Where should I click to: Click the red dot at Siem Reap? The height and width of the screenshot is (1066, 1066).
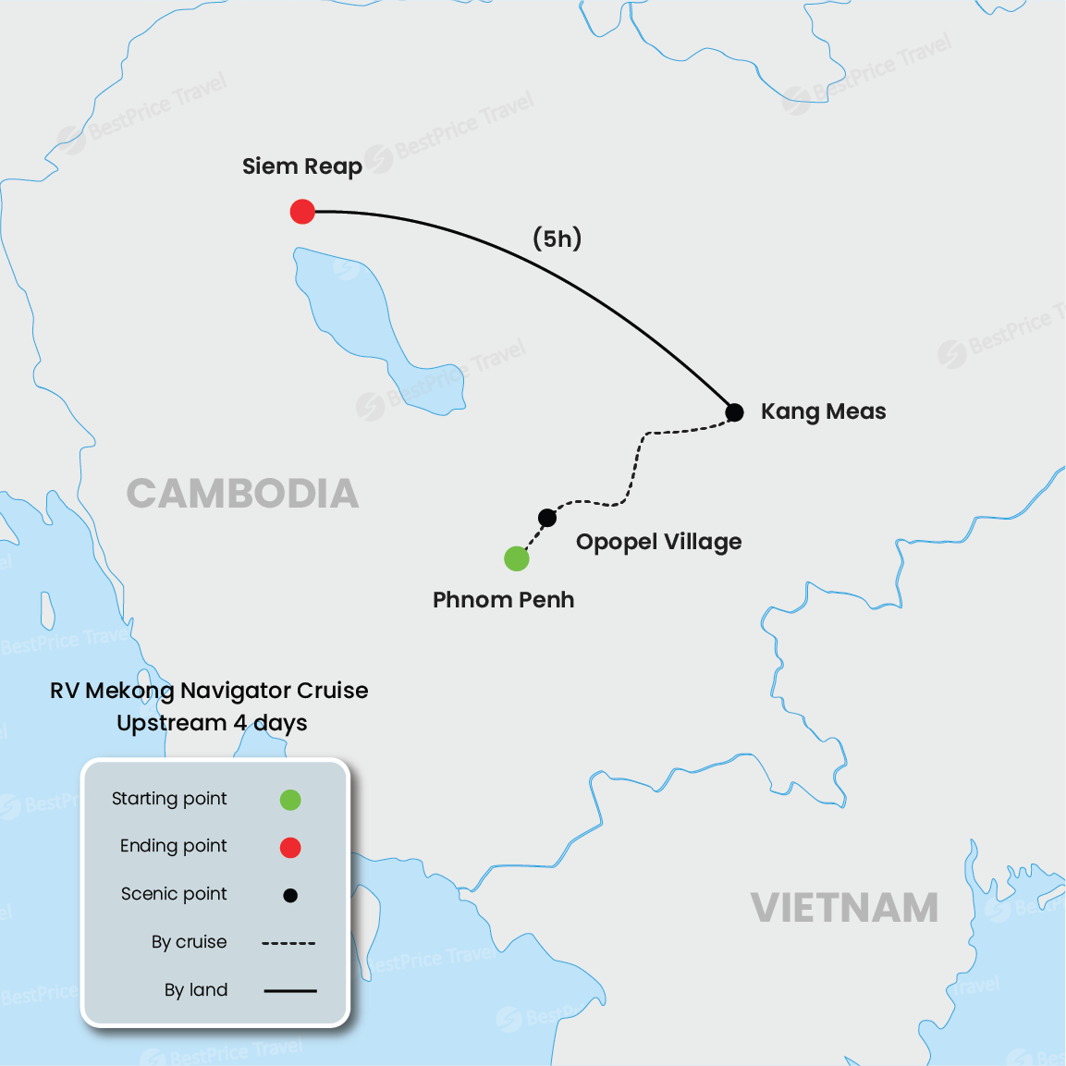[x=302, y=212]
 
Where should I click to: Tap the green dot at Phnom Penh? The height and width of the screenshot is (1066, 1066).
[x=517, y=558]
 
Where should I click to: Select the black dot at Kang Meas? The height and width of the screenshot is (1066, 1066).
[x=734, y=412]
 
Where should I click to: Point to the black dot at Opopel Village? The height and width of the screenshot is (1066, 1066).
[x=547, y=518]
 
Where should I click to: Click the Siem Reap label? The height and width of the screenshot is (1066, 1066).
[x=301, y=166]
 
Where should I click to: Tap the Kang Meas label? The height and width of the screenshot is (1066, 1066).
[x=823, y=411]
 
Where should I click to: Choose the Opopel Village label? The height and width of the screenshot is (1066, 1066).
[x=658, y=542]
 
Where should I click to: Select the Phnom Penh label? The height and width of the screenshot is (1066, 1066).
[x=503, y=600]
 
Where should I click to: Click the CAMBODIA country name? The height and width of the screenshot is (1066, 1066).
[x=242, y=494]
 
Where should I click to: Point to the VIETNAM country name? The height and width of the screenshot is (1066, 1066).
[x=844, y=908]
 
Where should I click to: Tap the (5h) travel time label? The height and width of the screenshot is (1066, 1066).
[x=558, y=239]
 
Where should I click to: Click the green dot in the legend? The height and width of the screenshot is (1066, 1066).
[x=290, y=800]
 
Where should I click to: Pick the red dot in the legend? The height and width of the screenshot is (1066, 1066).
[x=290, y=847]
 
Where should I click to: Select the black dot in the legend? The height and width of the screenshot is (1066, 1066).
[x=290, y=895]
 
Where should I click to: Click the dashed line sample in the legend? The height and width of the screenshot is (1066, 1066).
[x=288, y=943]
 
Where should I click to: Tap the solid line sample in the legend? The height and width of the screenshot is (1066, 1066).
[x=290, y=991]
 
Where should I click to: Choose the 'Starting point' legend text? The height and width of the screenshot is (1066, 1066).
[x=169, y=799]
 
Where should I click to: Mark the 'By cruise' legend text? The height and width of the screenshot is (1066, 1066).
[x=189, y=942]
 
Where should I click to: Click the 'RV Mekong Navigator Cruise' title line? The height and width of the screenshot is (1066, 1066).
[x=209, y=691]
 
